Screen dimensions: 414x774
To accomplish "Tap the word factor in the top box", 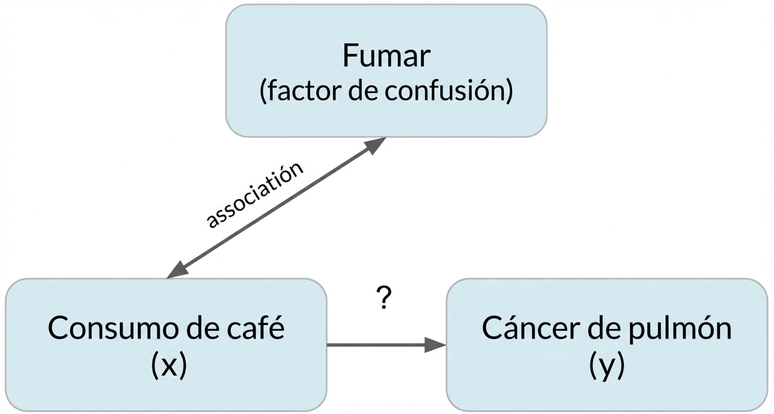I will click(301, 91).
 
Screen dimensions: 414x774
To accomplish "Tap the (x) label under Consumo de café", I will click(168, 366).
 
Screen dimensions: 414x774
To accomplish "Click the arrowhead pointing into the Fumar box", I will click(375, 145).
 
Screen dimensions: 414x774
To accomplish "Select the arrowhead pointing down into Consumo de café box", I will click(178, 271).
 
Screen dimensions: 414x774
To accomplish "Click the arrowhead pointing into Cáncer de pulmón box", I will click(435, 345).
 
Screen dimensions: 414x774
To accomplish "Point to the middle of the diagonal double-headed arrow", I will click(276, 208).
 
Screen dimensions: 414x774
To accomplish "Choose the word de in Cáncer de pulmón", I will click(609, 329).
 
